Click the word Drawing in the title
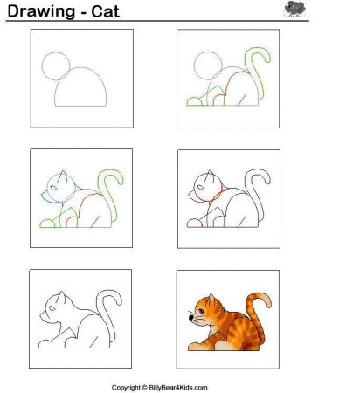pos(41,11)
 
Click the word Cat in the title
pos(105,11)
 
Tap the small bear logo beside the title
pos(295,9)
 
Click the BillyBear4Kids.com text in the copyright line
pos(178,388)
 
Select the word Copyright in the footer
pos(126,388)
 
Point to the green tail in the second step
pos(258,72)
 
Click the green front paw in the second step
pos(194,101)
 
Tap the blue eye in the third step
pos(53,188)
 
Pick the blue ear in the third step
pos(63,176)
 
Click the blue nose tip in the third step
pos(43,194)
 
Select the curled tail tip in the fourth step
pos(267,178)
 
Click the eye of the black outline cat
pos(52,308)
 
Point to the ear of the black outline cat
pos(61,297)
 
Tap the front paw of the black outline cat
pos(45,344)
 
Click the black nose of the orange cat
pos(191,318)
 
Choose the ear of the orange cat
pos(211,300)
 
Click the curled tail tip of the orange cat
pos(267,300)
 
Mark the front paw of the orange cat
pos(196,347)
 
